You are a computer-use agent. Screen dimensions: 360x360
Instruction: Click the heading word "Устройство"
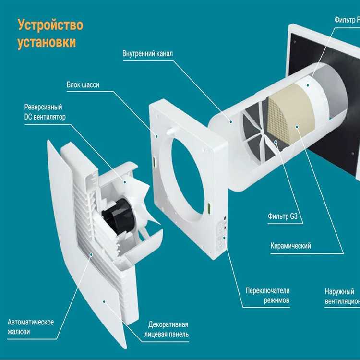(50, 24)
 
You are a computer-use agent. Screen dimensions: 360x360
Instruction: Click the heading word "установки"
(47, 42)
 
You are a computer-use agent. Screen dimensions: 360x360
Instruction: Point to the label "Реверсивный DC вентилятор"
(43, 111)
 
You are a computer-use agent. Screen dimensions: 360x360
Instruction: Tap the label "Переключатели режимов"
(267, 296)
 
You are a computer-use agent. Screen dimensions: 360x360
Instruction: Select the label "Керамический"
(290, 246)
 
